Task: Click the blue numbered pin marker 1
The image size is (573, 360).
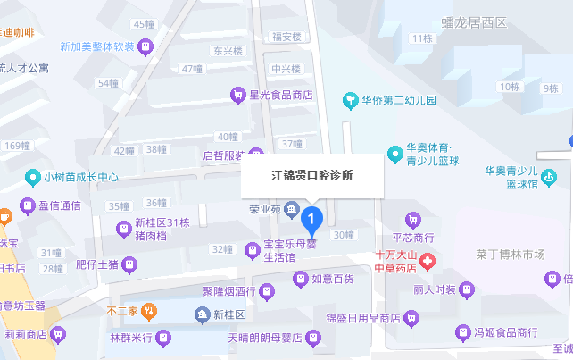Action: [311, 217]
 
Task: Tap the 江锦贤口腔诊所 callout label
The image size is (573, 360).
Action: [312, 176]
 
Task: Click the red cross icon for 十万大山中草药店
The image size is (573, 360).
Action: [428, 261]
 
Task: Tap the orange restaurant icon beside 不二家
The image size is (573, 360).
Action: [151, 312]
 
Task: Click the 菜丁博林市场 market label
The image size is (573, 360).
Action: [511, 255]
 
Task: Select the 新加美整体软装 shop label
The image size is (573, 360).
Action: [97, 46]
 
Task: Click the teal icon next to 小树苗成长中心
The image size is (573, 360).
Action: [34, 176]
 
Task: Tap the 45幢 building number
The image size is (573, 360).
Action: [144, 24]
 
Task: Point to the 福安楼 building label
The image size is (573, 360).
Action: [287, 37]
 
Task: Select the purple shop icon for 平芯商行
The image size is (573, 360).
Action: [412, 219]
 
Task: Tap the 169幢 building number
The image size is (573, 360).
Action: [17, 145]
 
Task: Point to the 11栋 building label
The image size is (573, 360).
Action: [421, 38]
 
